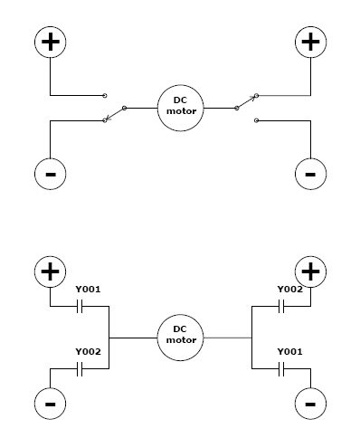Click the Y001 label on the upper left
(x=88, y=290)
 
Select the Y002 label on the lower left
(x=88, y=352)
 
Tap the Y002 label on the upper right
(x=289, y=290)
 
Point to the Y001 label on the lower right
(x=289, y=352)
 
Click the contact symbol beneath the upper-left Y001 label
(x=80, y=306)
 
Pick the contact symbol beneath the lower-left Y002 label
(x=80, y=368)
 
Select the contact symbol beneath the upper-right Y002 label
(x=281, y=306)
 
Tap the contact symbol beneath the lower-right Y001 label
(x=281, y=368)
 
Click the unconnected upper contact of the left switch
(x=105, y=96)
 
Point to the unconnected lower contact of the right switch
(x=256, y=120)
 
